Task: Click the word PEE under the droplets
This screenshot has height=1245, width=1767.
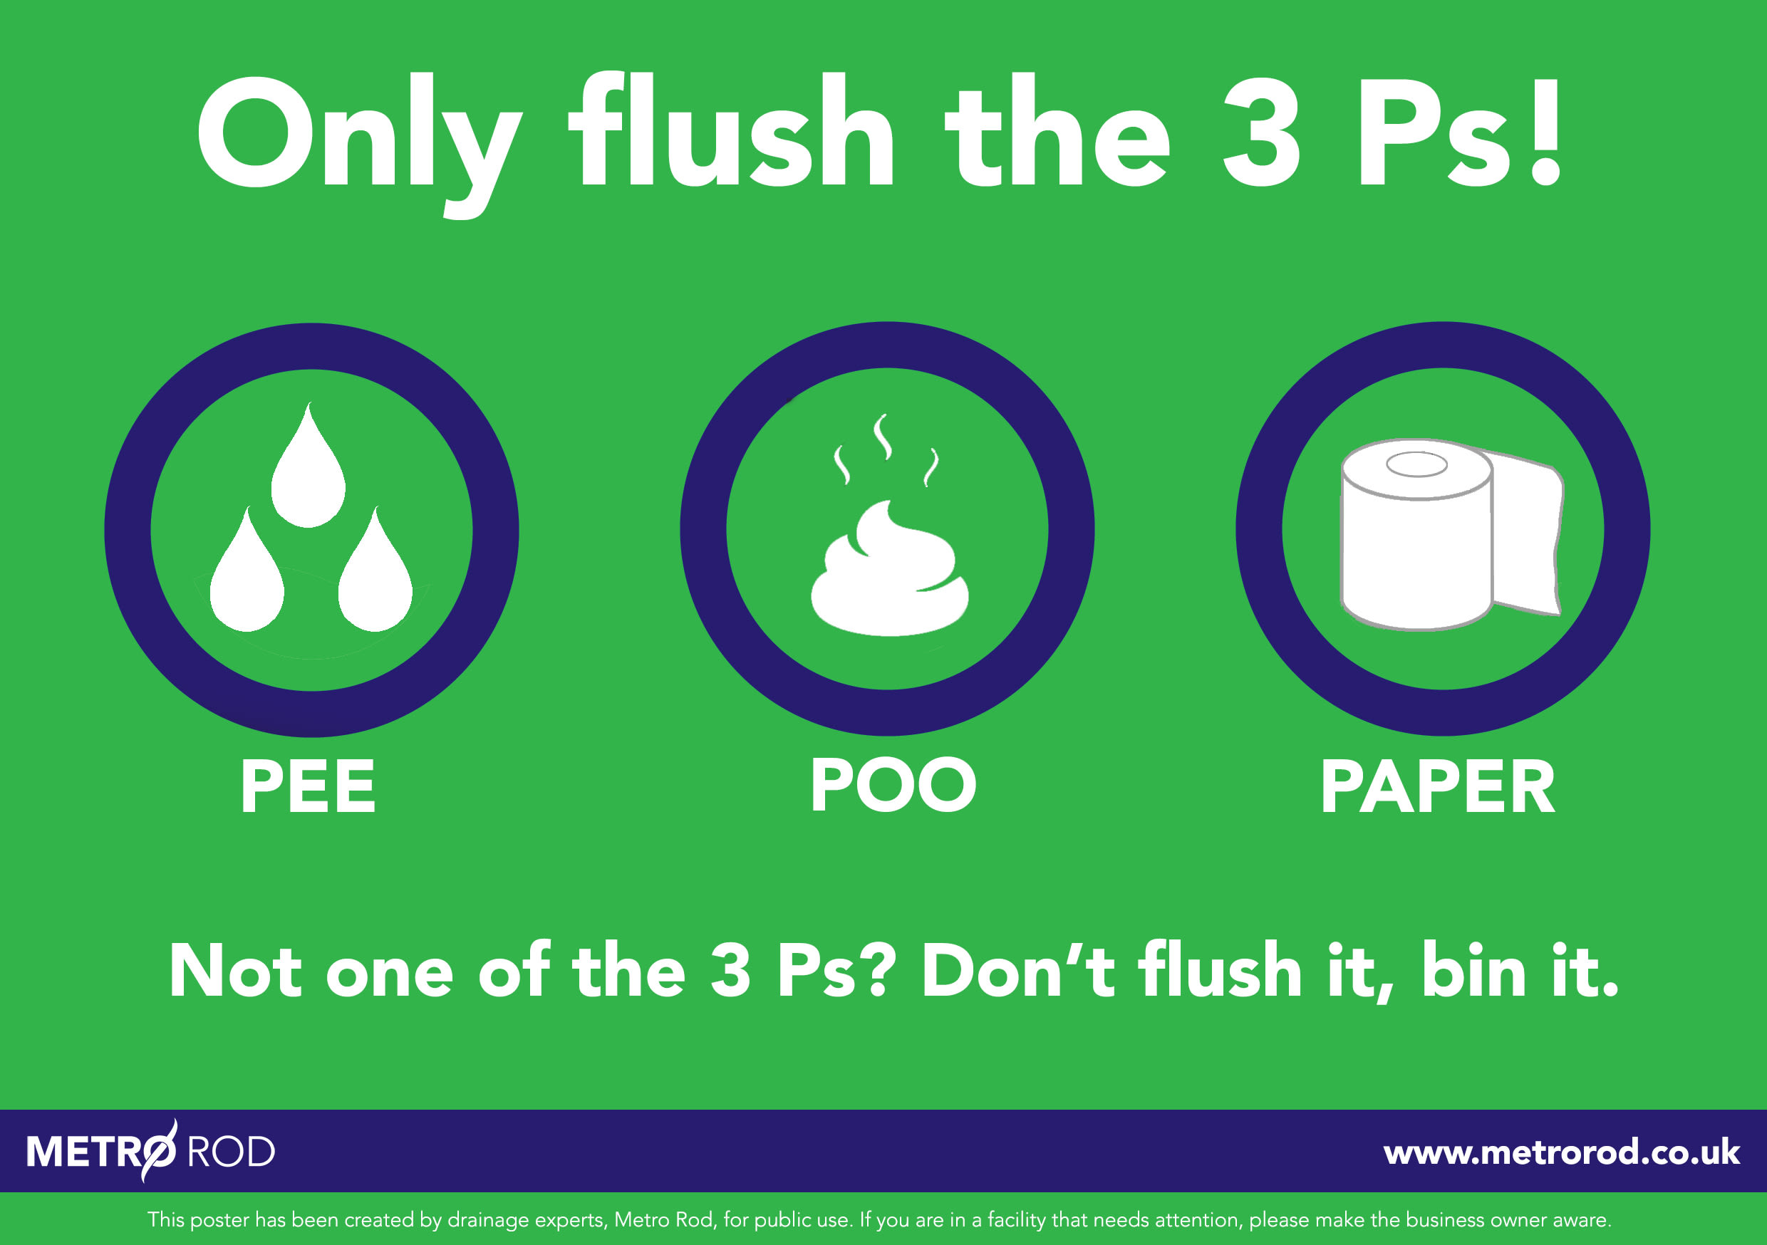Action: (x=308, y=786)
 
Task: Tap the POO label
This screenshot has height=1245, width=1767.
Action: (x=893, y=784)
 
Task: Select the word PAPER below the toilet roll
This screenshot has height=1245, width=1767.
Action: (x=1438, y=786)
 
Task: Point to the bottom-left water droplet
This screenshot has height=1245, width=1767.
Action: (x=247, y=581)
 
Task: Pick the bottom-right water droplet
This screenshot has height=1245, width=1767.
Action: (x=375, y=581)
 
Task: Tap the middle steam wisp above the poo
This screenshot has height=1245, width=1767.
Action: (x=883, y=437)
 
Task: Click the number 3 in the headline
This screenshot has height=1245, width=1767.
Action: (x=1261, y=132)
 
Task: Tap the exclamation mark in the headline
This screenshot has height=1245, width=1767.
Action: (x=1545, y=132)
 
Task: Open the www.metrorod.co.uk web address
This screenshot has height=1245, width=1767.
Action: (x=1561, y=1152)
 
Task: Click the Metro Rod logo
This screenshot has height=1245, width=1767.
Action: (x=150, y=1151)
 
